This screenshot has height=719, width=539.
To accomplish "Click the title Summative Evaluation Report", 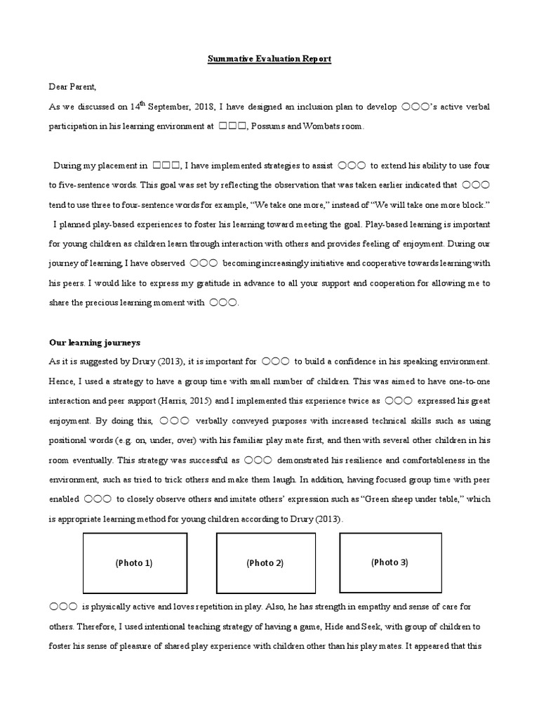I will point(269,59).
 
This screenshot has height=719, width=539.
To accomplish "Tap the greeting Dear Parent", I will point(72,87).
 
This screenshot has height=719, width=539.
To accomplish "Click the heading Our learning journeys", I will point(95,343).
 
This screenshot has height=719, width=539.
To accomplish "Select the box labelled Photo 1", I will point(135,562).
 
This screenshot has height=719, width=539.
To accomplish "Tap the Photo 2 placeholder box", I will point(265,562).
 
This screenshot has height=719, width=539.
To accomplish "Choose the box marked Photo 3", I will point(390,562).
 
